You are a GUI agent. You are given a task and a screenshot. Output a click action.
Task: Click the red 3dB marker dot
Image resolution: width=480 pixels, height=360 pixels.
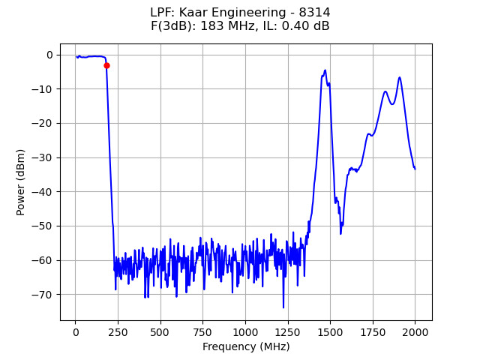click(106, 66)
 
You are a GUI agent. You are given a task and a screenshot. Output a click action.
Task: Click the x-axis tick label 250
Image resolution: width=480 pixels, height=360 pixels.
click(118, 332)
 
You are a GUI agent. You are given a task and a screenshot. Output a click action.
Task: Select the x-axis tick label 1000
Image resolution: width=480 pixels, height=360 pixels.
click(245, 332)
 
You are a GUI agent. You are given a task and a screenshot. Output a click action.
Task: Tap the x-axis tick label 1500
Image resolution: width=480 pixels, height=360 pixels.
click(330, 332)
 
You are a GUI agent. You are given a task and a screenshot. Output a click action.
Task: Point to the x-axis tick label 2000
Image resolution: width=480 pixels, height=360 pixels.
click(415, 332)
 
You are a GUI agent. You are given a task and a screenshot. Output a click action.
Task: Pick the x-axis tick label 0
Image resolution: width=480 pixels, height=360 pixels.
click(75, 332)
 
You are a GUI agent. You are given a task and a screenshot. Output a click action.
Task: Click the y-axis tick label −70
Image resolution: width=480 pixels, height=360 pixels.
click(44, 295)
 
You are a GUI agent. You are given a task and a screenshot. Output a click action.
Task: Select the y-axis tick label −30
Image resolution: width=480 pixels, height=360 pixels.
click(44, 157)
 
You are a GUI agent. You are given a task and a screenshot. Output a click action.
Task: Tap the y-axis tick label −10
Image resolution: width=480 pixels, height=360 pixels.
click(44, 89)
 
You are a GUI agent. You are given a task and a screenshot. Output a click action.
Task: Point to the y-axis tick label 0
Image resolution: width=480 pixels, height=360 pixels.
click(49, 55)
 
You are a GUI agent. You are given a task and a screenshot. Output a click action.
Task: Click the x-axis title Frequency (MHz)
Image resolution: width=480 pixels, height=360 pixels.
click(246, 346)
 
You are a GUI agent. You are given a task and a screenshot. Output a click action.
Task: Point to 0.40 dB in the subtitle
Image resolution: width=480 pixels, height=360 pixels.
click(306, 26)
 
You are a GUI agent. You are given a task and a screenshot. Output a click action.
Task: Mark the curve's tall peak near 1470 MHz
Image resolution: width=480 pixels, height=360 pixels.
click(325, 70)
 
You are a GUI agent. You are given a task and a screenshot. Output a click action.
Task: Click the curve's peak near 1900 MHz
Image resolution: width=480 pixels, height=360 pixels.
click(399, 77)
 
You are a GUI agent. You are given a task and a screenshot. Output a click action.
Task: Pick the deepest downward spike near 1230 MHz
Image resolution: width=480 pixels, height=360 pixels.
click(283, 307)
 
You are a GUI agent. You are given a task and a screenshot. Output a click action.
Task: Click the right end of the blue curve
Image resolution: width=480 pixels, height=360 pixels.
click(415, 169)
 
